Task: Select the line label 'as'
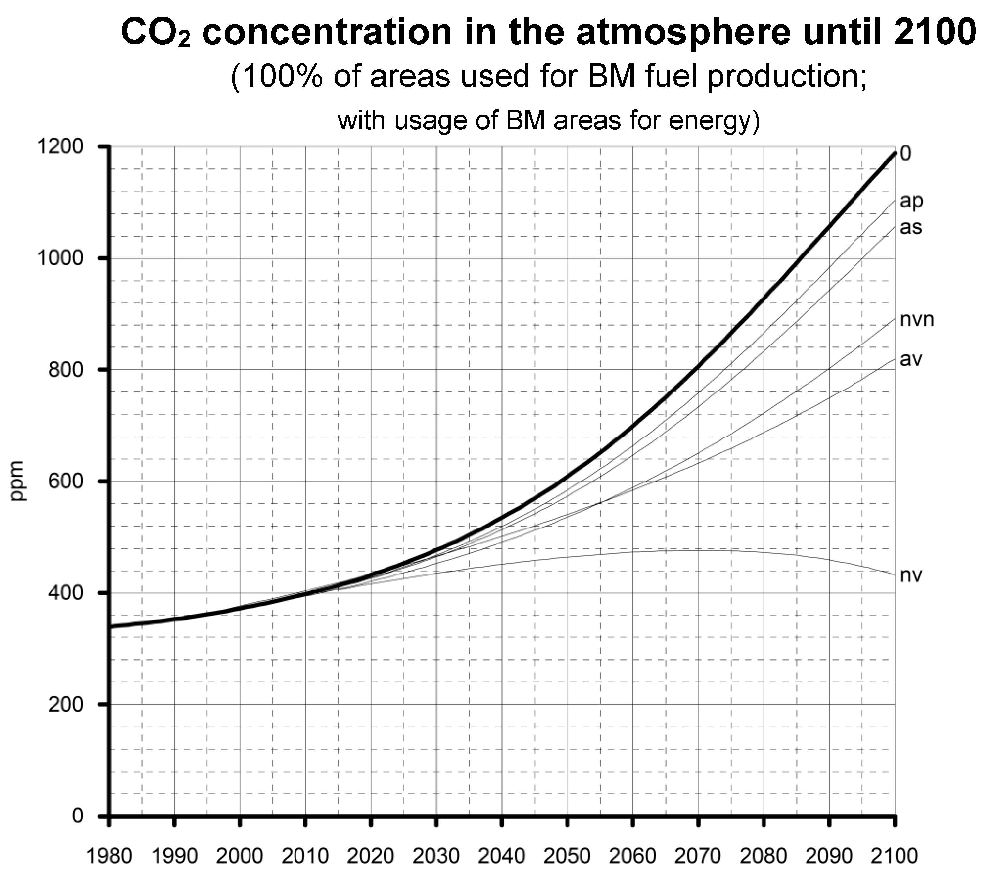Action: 911,227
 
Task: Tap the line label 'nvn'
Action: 917,319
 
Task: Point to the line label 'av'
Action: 911,359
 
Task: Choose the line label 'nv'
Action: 911,575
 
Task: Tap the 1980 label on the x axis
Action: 109,856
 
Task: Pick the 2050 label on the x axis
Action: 567,856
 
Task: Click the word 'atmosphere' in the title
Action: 683,33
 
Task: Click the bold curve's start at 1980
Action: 111,626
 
